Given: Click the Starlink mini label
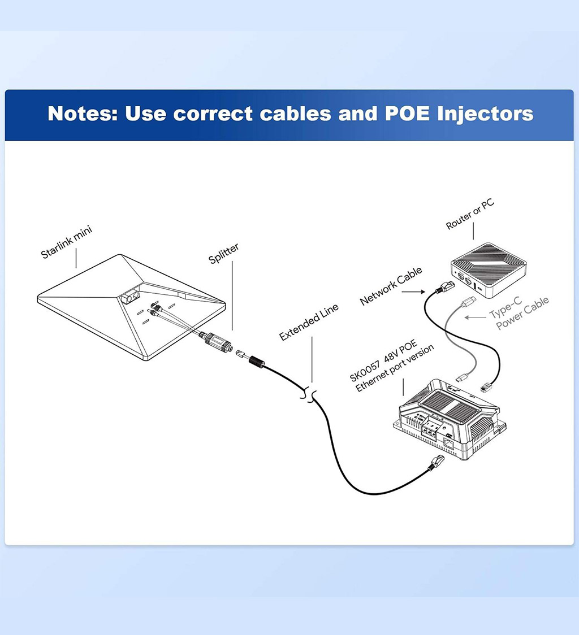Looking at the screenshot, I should pos(66,242).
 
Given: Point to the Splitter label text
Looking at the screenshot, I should pos(224,254).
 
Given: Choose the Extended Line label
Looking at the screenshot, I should pos(309,323).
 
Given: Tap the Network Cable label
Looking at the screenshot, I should pos(391,287).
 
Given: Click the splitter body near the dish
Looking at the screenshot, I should pos(216,342).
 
